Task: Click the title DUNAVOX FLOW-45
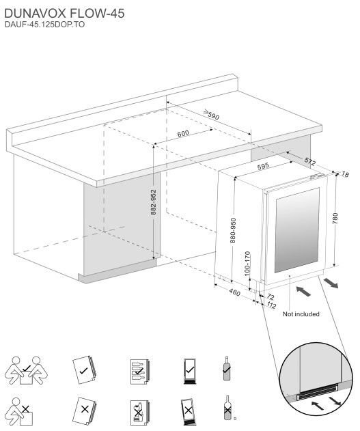64,13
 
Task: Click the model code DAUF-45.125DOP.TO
44,25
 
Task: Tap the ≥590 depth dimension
211,115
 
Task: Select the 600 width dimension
183,133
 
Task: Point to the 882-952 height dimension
154,202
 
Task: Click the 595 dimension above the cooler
263,167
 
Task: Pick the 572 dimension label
310,161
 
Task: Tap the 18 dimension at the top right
345,174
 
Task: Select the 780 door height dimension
335,219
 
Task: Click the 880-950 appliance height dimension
233,230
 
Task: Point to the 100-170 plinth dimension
247,264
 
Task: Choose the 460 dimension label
234,292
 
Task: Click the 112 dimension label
271,305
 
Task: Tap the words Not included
301,314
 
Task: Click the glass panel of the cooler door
296,230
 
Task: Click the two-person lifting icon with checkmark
26,370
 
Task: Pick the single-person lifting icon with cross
19,411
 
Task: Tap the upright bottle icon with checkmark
227,368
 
